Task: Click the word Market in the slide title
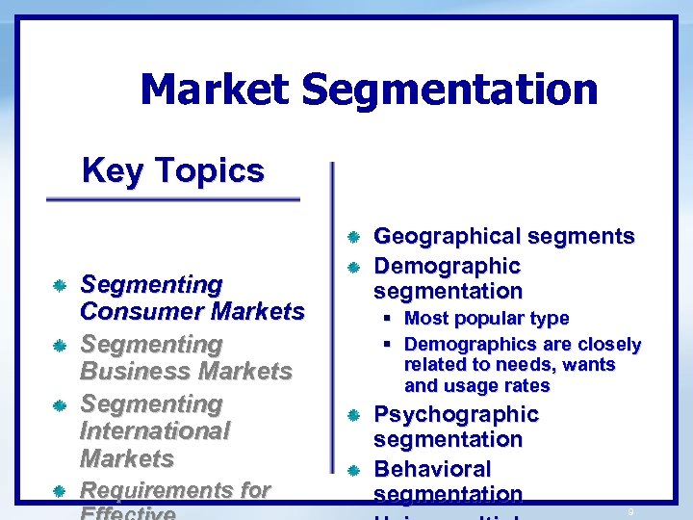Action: point(214,91)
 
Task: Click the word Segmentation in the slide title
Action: point(449,91)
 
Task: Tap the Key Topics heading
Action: point(173,170)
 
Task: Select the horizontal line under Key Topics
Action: point(173,199)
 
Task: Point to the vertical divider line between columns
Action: point(332,327)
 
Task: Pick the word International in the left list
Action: point(155,431)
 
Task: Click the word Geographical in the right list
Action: point(449,236)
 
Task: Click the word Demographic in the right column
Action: point(447,266)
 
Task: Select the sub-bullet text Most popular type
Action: point(486,318)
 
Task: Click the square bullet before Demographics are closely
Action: point(385,345)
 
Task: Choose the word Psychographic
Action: point(455,414)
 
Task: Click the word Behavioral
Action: point(432,469)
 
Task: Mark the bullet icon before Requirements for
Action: point(59,491)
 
